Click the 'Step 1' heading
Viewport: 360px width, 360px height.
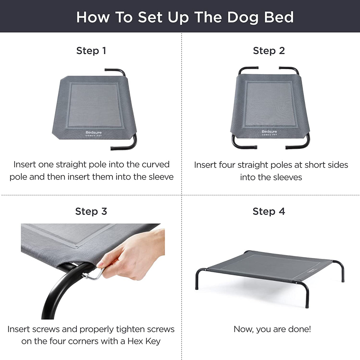coord(91,51)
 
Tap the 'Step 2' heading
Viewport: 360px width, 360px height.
coord(269,51)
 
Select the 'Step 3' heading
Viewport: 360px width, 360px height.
coord(91,211)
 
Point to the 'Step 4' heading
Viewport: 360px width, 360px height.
coord(269,211)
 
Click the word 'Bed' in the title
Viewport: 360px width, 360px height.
coord(279,17)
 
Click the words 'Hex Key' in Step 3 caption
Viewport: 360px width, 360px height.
coord(144,341)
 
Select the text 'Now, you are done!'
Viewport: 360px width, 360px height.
coord(272,329)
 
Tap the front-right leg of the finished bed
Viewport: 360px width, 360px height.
coord(307,297)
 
